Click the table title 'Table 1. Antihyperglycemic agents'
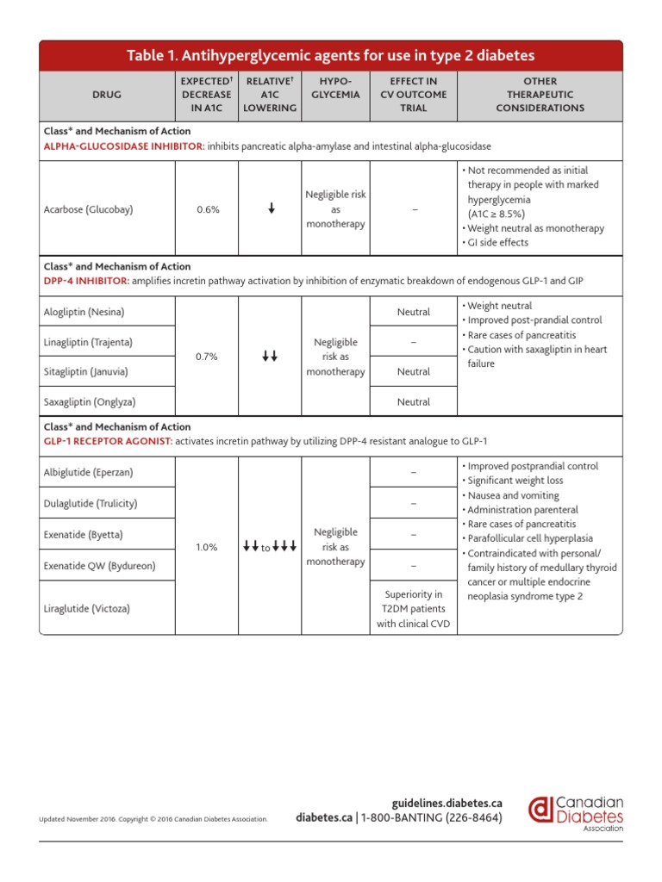(330, 56)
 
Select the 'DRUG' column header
(107, 95)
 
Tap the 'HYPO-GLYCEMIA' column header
(335, 88)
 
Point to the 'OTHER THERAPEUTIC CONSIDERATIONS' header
(540, 95)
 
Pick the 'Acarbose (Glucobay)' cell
(89, 208)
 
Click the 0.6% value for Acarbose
(207, 208)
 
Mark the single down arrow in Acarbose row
(271, 208)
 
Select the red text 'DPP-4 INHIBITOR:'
(87, 282)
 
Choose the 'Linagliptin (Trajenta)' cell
(88, 342)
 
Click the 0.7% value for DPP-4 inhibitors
(207, 357)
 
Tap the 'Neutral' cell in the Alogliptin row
(413, 313)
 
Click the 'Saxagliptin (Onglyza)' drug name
(90, 402)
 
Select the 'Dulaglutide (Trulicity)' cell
(91, 503)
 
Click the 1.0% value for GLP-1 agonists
(207, 547)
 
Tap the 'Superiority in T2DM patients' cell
(413, 609)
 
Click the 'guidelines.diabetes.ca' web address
(447, 803)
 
